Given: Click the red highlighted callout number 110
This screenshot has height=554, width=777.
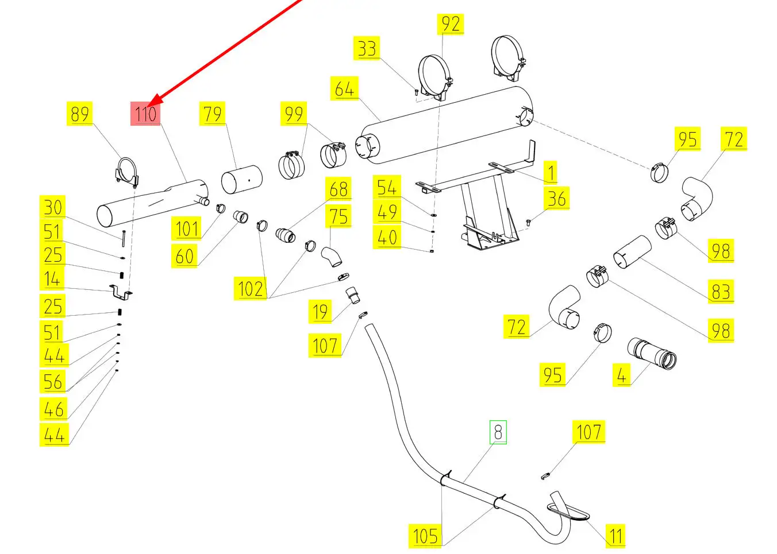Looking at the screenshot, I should pos(145,114).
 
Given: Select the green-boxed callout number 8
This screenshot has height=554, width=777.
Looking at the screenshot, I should pos(498,432).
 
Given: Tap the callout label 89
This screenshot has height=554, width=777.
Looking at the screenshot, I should pos(80,114).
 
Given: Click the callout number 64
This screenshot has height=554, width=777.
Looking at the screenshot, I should pos(344,89).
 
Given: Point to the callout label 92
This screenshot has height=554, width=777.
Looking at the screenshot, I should pos(451,24).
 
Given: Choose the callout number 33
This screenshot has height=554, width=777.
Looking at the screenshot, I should pos(367,48).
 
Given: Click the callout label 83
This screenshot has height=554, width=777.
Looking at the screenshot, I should pos(721,291).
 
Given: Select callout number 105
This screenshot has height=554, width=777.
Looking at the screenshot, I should pos(425,536).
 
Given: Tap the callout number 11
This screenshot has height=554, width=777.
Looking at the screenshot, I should pos(616,536).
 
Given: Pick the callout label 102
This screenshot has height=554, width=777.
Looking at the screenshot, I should pos(251,288).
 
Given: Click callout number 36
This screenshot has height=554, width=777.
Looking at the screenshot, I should pos(556,199).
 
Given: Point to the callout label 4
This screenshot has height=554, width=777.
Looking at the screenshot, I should pos(621,375).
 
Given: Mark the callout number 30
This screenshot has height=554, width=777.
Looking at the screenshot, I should pos(53,207).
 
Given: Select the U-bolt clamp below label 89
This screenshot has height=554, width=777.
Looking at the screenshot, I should pos(126,172).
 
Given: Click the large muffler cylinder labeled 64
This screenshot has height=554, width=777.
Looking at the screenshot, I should pos(443,123).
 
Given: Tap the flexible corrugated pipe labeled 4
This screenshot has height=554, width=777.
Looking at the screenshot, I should pos(652,352).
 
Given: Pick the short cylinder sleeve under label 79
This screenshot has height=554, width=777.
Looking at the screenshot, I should pos(241,180).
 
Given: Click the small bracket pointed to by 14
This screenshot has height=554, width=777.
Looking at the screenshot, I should pos(121,293).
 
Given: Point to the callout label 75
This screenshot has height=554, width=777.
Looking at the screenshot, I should pos(339,216).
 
